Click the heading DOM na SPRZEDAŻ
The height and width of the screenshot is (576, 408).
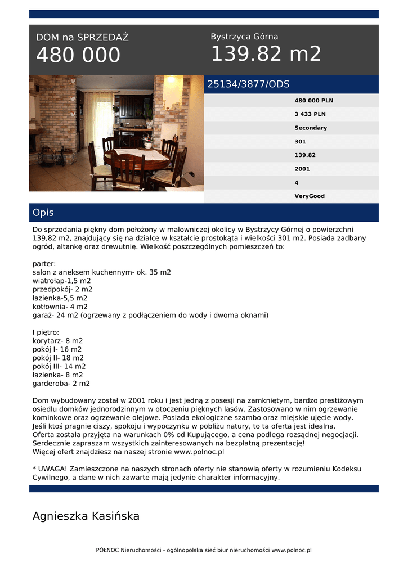[x=82, y=38]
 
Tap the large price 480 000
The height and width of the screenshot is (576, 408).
[x=78, y=55]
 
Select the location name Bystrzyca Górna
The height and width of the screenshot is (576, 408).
[x=244, y=37]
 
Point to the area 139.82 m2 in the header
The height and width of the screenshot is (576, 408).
[x=266, y=54]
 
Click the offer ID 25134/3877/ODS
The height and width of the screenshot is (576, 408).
[x=248, y=84]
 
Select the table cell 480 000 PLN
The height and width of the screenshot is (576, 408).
[x=313, y=101]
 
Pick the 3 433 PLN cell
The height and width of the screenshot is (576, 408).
[x=310, y=114]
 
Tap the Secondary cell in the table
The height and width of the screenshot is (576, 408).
[x=311, y=128]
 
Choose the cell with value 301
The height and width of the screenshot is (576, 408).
[x=300, y=142]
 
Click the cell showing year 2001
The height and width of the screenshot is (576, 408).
[x=302, y=169]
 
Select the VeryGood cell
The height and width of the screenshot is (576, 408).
[x=310, y=196]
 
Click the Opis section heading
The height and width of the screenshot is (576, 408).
[x=43, y=213]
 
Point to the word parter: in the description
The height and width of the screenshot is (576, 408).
[x=44, y=263]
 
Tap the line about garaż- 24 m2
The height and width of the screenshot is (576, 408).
[x=150, y=315]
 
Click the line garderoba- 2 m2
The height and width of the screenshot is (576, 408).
[x=61, y=384]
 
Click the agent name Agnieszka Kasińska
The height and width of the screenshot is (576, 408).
[x=86, y=516]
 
